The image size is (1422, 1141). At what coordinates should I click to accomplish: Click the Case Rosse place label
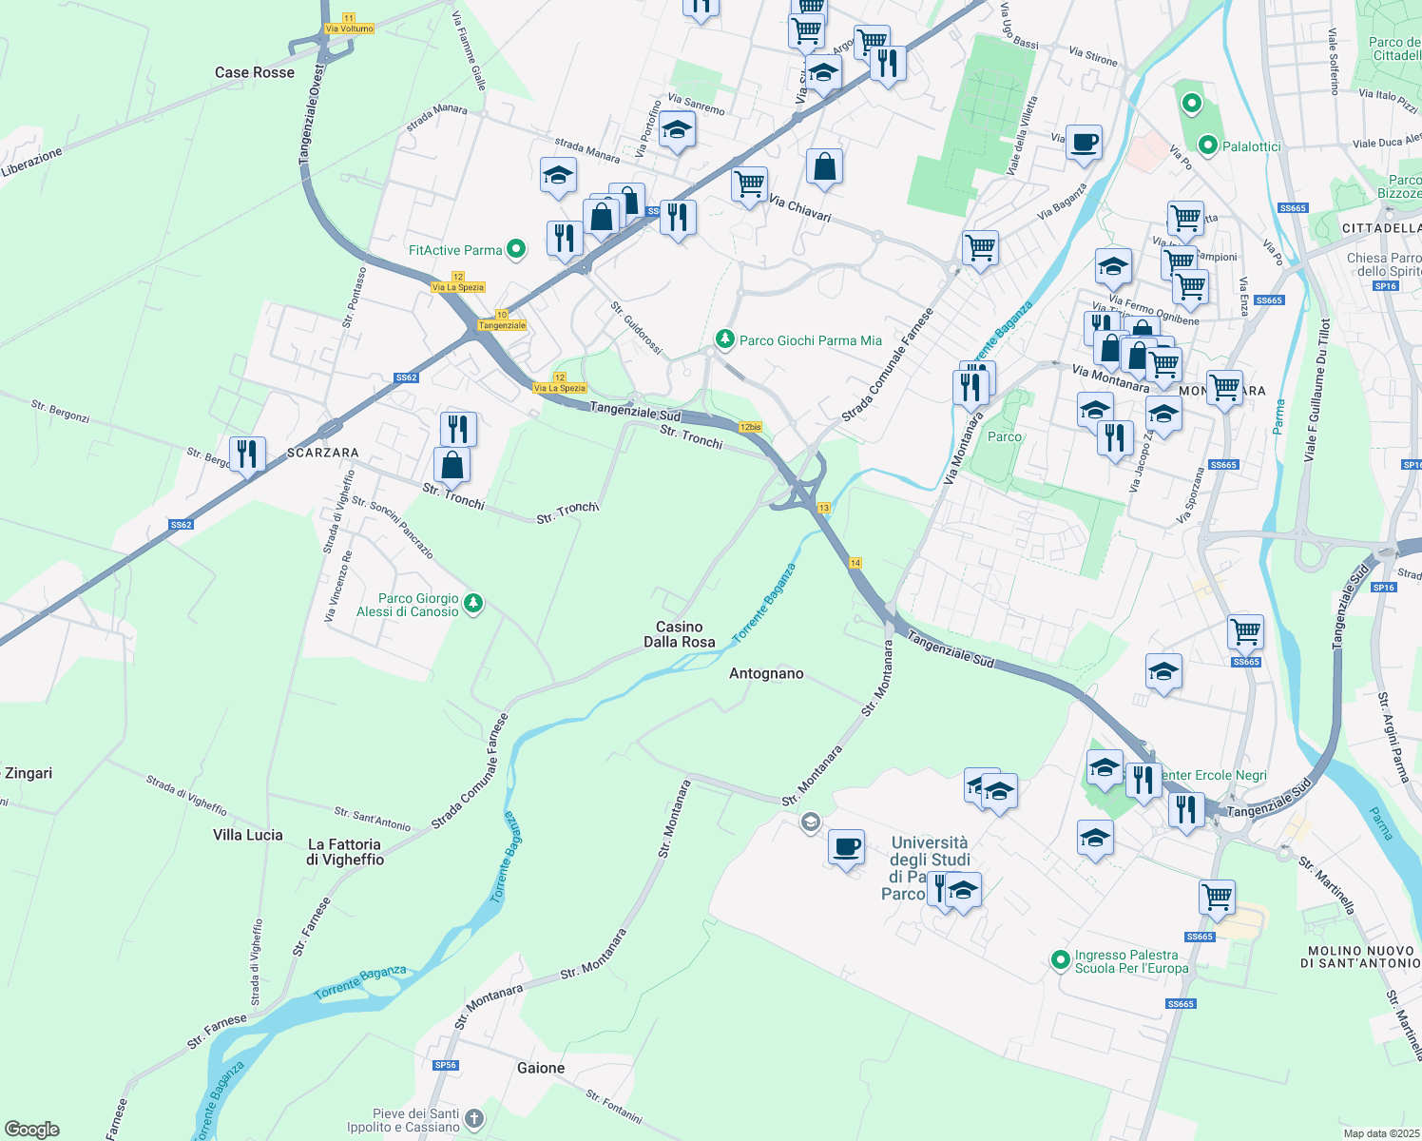pos(255,72)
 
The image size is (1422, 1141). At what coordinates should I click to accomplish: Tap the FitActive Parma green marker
pos(516,250)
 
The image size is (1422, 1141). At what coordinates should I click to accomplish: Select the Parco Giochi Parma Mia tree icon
pos(725,339)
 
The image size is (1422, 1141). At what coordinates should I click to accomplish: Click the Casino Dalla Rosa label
pos(679,634)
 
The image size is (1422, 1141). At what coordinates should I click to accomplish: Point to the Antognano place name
pos(766,673)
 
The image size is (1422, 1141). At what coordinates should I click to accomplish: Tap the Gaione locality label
pos(541,1068)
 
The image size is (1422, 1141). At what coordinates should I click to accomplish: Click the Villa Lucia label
pos(248,835)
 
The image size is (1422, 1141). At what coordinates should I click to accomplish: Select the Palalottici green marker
pos(1208,146)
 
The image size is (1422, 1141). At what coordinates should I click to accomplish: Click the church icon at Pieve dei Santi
pos(474,1119)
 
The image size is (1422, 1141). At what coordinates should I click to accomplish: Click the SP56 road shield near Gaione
pos(446,1065)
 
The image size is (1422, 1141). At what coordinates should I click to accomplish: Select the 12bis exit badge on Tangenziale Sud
pos(750,427)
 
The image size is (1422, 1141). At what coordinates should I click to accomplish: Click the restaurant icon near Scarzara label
pos(247,454)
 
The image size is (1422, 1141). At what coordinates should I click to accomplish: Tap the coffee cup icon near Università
pos(846,845)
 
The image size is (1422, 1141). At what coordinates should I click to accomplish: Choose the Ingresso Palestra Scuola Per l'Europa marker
pos(1061,961)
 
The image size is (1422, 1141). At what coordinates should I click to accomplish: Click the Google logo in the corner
pos(32,1129)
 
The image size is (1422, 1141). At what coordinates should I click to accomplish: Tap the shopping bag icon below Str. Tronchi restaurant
pos(452,465)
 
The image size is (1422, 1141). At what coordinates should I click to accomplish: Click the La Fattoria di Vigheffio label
pos(345,852)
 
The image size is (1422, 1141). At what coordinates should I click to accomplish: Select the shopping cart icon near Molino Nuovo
pos(1217,897)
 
